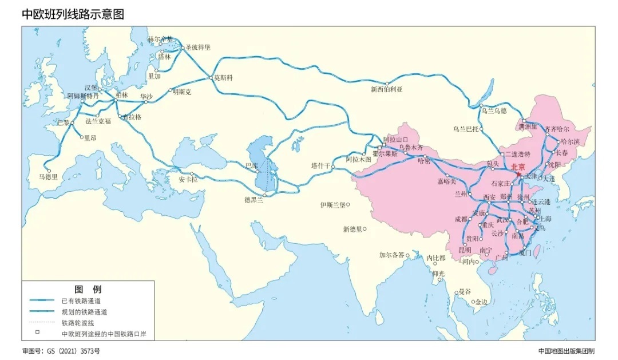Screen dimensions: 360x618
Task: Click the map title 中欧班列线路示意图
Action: pyautogui.click(x=73, y=14)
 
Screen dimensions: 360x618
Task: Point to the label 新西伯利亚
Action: pyautogui.click(x=387, y=89)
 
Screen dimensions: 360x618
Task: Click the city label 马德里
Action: pyautogui.click(x=48, y=177)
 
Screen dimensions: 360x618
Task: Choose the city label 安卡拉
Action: pyautogui.click(x=188, y=180)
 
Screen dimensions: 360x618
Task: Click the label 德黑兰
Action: pyautogui.click(x=254, y=200)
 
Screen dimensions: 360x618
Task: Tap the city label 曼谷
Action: pyautogui.click(x=464, y=292)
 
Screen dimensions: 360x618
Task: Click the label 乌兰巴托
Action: pyautogui.click(x=465, y=129)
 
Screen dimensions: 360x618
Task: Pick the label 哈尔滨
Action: pyautogui.click(x=571, y=141)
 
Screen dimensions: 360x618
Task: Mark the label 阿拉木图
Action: pyautogui.click(x=359, y=160)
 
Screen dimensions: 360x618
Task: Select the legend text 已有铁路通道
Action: pyautogui.click(x=84, y=300)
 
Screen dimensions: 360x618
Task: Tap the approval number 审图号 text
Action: pyautogui.click(x=56, y=350)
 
